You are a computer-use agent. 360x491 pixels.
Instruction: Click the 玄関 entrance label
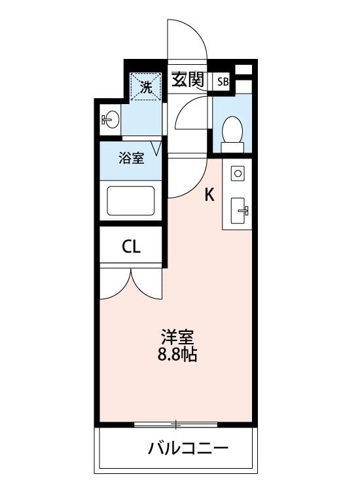[188, 80]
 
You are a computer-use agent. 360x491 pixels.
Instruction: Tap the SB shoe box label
[223, 82]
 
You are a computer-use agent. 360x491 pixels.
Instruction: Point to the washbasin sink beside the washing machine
[111, 120]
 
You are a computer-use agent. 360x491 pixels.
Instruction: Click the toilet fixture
[232, 129]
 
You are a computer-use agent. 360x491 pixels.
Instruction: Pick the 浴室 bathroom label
[131, 158]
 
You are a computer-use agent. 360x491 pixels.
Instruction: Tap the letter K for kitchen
[209, 194]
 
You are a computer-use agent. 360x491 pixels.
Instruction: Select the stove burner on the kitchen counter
[238, 173]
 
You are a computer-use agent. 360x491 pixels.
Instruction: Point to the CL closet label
[131, 247]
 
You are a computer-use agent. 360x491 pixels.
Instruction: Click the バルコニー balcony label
[188, 449]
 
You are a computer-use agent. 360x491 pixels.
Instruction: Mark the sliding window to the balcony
[175, 425]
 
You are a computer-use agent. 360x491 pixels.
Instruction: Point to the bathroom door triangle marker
[156, 147]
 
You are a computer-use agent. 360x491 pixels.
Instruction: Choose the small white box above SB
[243, 69]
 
